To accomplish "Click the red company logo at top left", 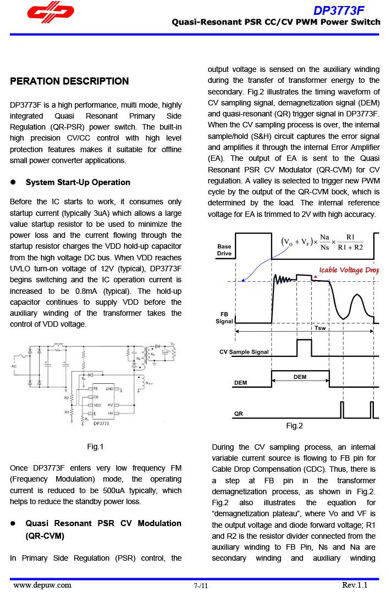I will (x=51, y=12).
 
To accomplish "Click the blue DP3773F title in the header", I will (x=339, y=10).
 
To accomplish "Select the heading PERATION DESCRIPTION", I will (x=69, y=81).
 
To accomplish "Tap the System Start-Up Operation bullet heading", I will (x=78, y=182).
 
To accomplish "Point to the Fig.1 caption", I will (x=95, y=446).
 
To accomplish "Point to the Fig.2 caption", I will (x=294, y=426).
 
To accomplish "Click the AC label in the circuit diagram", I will (x=15, y=365).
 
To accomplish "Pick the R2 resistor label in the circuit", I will (x=66, y=397).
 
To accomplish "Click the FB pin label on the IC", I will (x=96, y=389).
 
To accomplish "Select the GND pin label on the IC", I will (x=109, y=389).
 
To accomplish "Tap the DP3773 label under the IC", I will (x=101, y=423).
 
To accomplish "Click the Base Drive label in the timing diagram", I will (x=224, y=250).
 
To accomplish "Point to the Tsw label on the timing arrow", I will (x=320, y=328).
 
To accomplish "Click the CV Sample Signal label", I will (x=244, y=352).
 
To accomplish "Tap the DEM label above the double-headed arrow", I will (x=300, y=377).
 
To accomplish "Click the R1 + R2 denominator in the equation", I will (x=350, y=247).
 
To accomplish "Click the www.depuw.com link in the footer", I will (x=42, y=585).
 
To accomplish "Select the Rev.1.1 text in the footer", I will (x=354, y=585).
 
